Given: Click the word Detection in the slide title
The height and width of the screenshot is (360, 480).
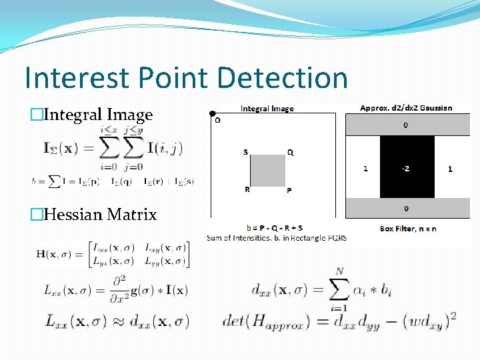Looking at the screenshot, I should point(283,78).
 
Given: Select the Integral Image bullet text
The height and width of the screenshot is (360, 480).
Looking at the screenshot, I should point(97,115).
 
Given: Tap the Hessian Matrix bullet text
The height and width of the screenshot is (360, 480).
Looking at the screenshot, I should point(99,215).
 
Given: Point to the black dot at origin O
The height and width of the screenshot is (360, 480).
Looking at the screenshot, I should point(212,113).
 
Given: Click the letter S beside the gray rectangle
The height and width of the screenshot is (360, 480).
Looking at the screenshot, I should point(245,152).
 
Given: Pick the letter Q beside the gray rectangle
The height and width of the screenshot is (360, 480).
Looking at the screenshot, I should point(290,152).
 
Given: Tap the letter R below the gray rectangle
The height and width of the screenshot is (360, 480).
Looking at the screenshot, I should point(247,189).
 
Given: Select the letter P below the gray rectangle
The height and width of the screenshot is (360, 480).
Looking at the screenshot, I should point(289,190).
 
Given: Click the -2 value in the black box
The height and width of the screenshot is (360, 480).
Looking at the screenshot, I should point(407,168).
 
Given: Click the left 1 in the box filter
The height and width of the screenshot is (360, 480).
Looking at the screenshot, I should point(365,169).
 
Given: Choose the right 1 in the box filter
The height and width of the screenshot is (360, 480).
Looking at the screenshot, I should point(450,169).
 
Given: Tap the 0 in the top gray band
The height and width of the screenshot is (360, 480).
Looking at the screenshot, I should point(407,125).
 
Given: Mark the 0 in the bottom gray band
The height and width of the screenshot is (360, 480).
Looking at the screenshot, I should point(407,210).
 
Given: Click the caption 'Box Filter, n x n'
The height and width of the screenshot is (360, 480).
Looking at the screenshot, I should point(408,228).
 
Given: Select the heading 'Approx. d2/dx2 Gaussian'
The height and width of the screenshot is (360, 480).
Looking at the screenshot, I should point(406,108).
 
